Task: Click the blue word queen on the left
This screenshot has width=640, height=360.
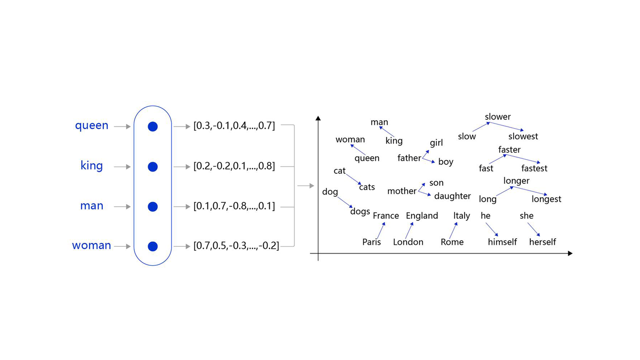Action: coord(92,126)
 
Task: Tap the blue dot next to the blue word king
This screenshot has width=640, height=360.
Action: coord(153,167)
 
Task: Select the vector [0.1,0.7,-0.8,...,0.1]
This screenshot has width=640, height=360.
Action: coord(234,206)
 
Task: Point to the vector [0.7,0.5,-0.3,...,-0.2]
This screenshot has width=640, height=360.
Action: coord(236,246)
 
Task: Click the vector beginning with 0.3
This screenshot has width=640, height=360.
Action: coord(234,126)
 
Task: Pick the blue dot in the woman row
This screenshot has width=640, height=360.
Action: coord(153,246)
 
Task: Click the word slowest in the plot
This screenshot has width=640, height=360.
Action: coord(523,136)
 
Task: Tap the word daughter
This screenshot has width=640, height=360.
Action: coord(452,196)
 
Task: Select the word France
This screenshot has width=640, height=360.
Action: coord(386,216)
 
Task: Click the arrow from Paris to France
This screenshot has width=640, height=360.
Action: coord(381,231)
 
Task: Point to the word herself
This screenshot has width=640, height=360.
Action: coord(542,242)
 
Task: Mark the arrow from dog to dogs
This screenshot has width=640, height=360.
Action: coord(345,202)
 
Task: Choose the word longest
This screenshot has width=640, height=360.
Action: coord(546,199)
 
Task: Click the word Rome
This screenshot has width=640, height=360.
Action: coord(452,242)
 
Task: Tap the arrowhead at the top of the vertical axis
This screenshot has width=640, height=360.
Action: coord(318,118)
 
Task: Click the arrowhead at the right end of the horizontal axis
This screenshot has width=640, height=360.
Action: coord(570,253)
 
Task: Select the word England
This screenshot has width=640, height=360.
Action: coord(422,216)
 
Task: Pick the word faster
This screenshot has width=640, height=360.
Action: coord(509,150)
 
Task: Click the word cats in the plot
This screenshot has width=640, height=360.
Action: coord(367,187)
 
